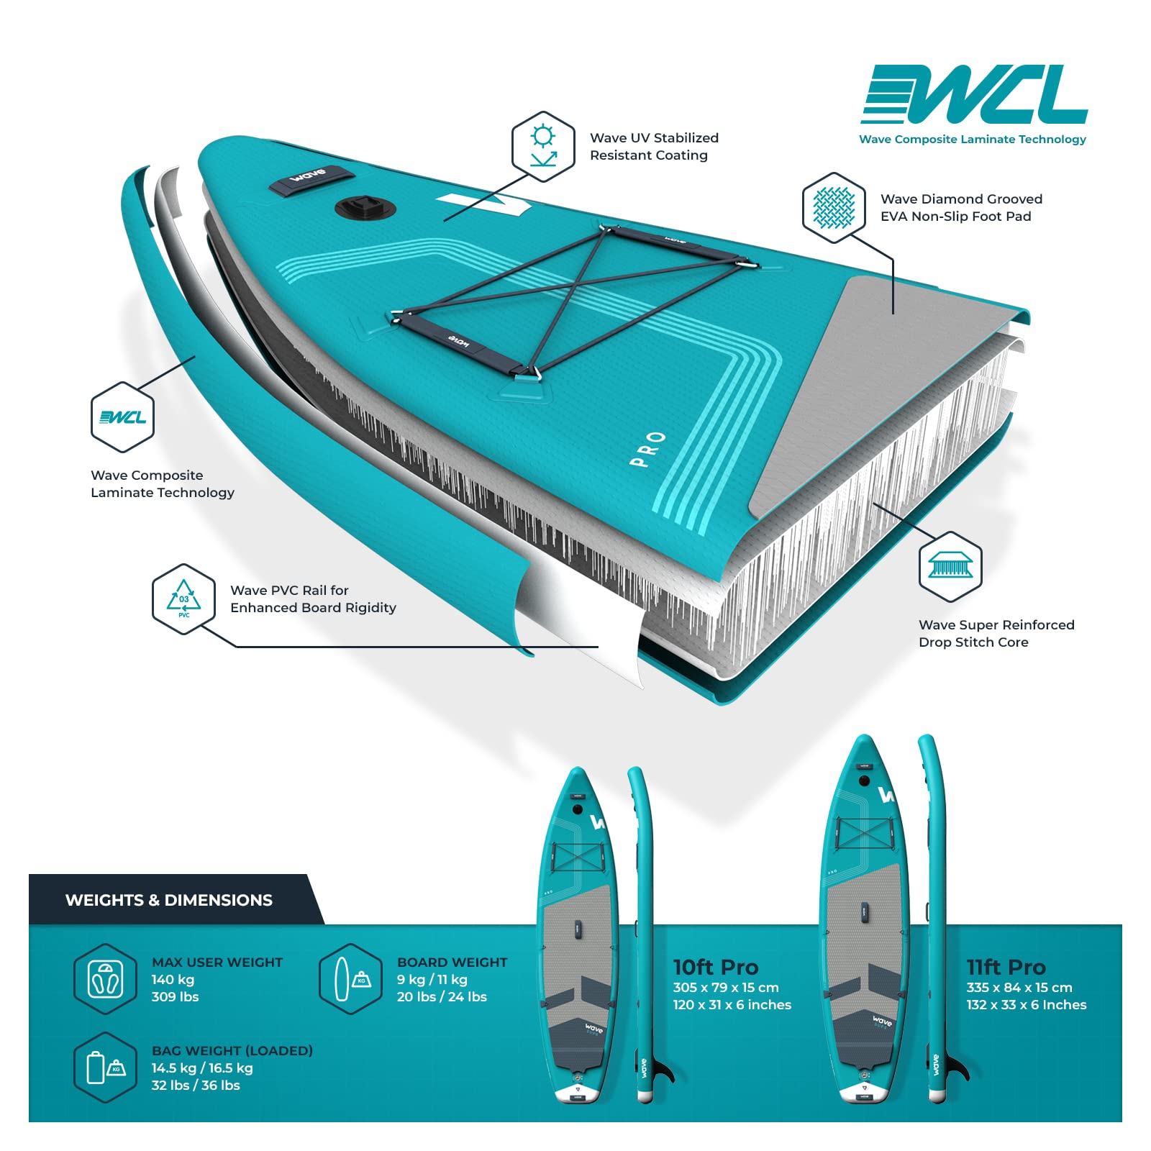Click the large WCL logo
pos(974,94)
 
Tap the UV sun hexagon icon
pos(543,147)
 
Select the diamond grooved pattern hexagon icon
pos(834,208)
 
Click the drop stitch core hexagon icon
pos(950,566)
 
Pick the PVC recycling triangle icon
pos(184,599)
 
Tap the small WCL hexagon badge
pos(123,417)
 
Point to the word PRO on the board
pos(647,449)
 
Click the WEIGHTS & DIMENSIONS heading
pos(169,900)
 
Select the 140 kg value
pos(173,979)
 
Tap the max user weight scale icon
pos(106,979)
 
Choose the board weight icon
pos(350,979)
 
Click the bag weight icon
pos(106,1068)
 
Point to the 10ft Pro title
pos(716,967)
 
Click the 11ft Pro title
pos(1006,967)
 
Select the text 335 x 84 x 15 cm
pos(1019,988)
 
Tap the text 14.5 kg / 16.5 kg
pos(202,1068)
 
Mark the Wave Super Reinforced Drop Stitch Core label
pos(996,633)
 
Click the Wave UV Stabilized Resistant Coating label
pos(654,146)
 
